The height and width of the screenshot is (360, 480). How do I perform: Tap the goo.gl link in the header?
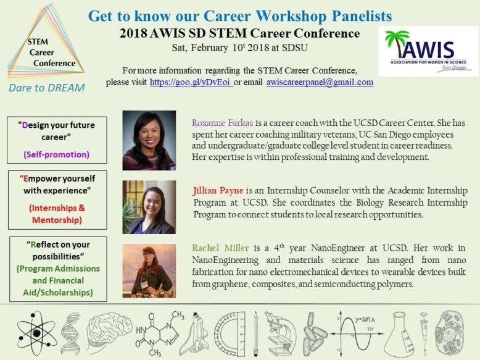[191, 82]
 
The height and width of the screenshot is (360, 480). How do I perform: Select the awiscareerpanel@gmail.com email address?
[320, 82]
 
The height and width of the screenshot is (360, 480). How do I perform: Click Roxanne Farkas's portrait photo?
[149, 140]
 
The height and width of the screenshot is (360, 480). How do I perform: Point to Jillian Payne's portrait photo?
[149, 207]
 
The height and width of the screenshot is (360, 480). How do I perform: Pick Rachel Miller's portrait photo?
[149, 270]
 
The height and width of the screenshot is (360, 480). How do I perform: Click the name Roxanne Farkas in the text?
[217, 123]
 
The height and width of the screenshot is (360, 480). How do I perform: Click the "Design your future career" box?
[57, 139]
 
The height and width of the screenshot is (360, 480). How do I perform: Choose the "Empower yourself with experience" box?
[57, 199]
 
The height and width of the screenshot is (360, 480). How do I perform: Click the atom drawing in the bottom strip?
[36, 333]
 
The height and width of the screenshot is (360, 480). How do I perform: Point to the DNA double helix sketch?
[70, 333]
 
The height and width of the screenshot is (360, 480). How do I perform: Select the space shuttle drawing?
[197, 332]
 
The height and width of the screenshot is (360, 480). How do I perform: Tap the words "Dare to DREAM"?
[46, 88]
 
